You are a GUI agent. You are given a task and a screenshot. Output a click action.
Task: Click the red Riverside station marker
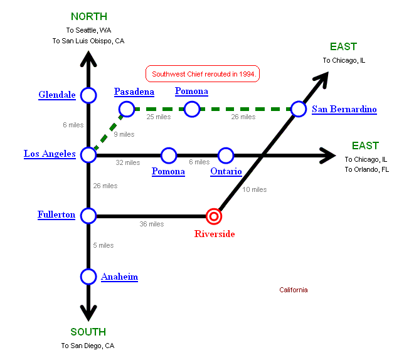(215, 216)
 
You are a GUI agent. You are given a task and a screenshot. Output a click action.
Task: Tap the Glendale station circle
(88, 95)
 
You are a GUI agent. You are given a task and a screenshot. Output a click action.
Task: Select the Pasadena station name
(134, 92)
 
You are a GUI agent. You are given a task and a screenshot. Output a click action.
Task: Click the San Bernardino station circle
(299, 110)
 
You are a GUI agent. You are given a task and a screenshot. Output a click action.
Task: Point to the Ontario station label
(226, 171)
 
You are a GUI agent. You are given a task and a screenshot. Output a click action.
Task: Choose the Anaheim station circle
(88, 277)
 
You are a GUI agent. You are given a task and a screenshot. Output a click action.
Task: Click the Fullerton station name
(56, 215)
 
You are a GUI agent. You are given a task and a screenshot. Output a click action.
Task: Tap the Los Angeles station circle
(88, 154)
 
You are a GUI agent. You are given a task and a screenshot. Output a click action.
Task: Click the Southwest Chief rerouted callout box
(203, 74)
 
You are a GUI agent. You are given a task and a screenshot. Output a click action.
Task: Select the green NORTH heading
(88, 16)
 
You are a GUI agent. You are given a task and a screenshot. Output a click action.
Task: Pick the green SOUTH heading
(88, 332)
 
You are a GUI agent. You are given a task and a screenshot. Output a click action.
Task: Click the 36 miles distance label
(152, 224)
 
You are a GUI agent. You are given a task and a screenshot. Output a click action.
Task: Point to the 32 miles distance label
(128, 162)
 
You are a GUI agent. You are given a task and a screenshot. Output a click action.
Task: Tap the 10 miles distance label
(255, 189)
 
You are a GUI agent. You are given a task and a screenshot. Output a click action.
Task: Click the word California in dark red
(294, 290)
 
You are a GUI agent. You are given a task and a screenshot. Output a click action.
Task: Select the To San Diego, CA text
(88, 346)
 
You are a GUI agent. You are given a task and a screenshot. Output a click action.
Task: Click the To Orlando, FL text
(366, 169)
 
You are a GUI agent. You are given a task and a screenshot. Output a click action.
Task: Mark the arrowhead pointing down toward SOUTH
(88, 311)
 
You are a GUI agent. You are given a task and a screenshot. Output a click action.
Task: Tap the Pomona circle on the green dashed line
(192, 110)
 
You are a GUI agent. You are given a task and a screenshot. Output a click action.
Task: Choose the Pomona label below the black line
(169, 171)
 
